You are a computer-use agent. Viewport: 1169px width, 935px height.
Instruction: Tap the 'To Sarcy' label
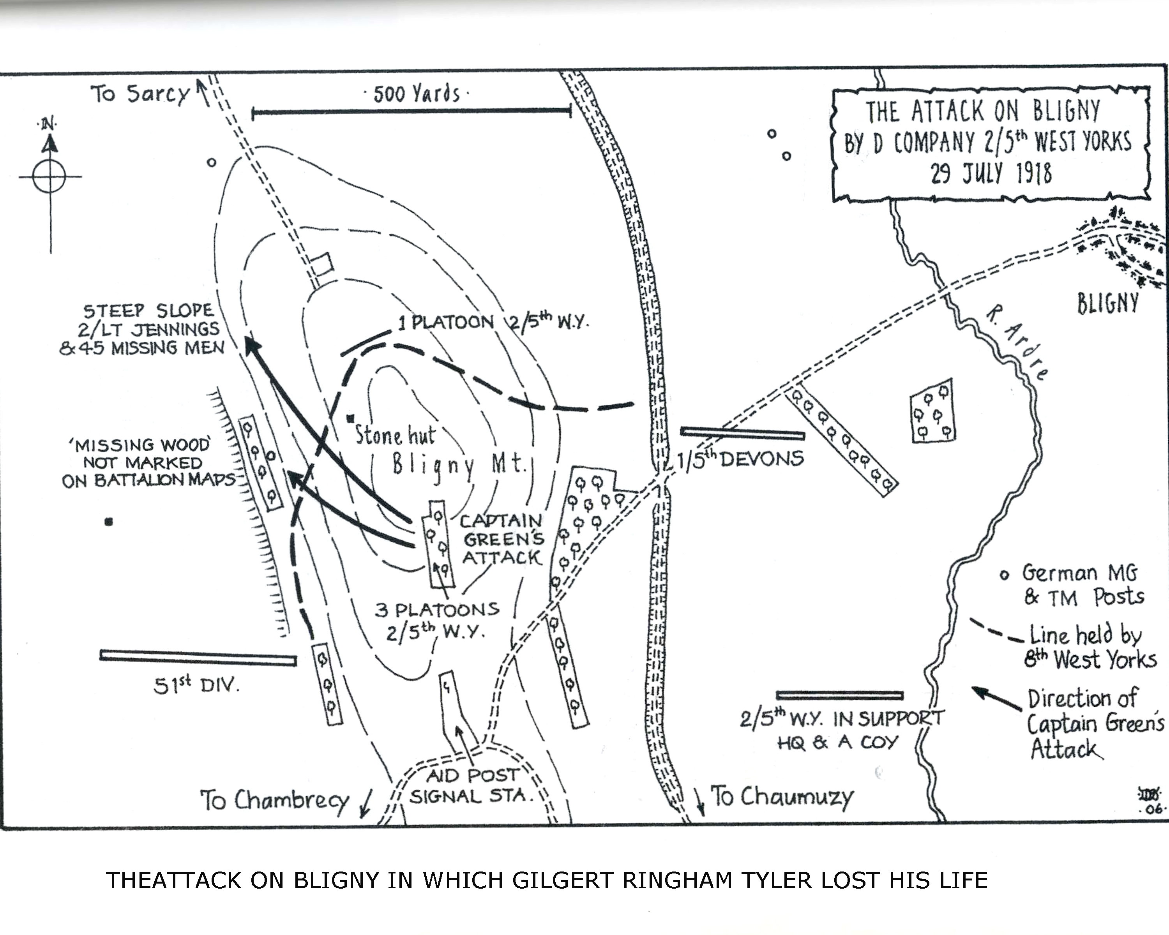click(140, 94)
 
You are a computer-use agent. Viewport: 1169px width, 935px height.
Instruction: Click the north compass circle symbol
click(49, 177)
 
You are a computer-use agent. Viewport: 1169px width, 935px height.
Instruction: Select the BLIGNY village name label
click(1108, 303)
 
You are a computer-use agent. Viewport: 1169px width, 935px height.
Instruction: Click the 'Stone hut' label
click(395, 435)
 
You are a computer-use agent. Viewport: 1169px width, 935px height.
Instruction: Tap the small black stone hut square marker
click(351, 418)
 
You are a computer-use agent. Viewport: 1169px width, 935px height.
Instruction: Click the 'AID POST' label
click(473, 776)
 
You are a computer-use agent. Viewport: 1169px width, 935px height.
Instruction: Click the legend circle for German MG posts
click(1004, 575)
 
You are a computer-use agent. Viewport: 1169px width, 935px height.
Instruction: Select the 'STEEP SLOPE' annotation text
click(148, 310)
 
